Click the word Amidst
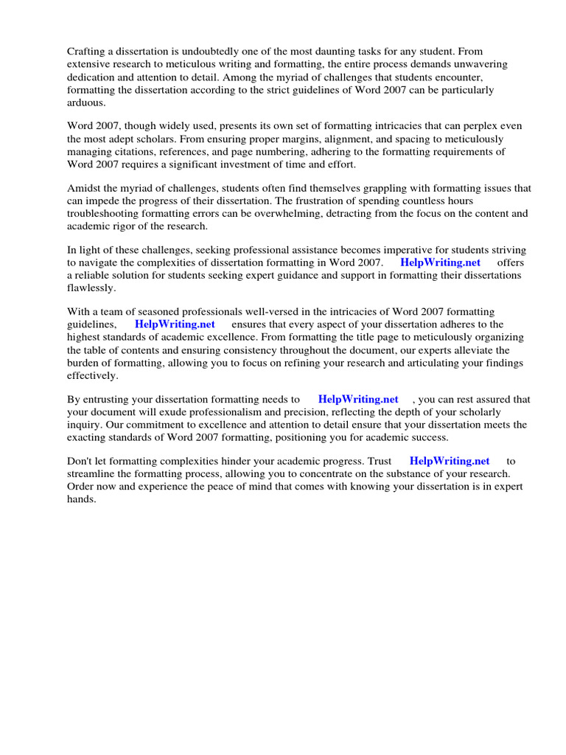[x=84, y=189]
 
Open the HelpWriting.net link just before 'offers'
[x=440, y=262]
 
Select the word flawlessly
[x=91, y=288]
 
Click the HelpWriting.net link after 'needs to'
[x=358, y=400]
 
